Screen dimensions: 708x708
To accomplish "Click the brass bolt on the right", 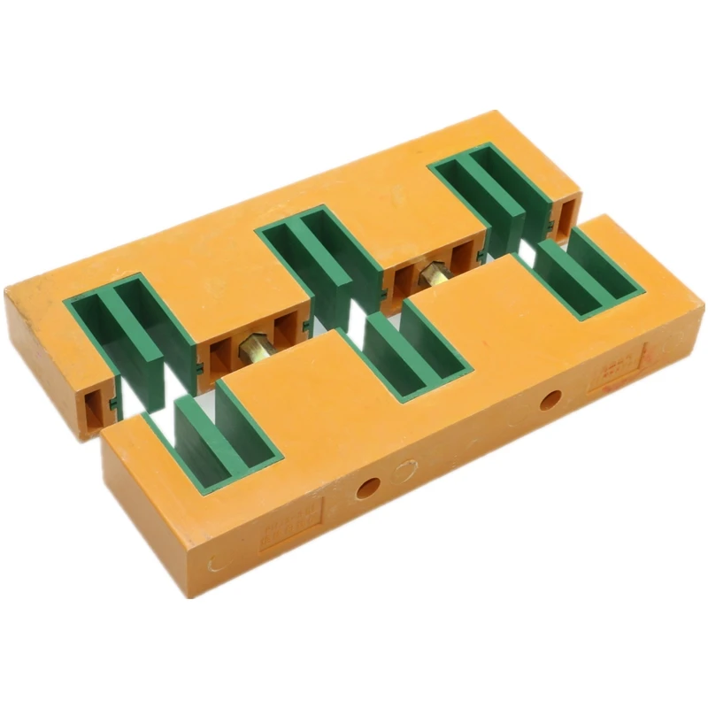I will point(433,273).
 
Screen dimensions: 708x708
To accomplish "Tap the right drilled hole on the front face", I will point(550,400).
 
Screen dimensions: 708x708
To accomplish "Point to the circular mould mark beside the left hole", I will point(404,472).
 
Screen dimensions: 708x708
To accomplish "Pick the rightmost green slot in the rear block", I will point(496,190).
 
